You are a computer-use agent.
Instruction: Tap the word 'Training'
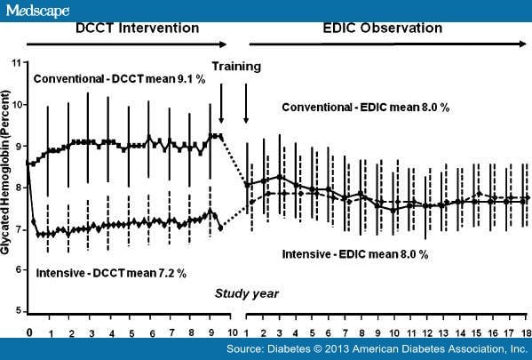tap(235, 66)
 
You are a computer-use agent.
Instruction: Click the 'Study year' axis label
tap(245, 292)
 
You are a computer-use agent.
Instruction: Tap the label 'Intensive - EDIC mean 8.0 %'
tap(355, 253)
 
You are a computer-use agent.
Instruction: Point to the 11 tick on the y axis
tap(14, 63)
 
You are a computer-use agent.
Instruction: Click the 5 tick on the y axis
tap(16, 310)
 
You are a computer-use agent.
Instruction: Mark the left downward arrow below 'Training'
tap(221, 102)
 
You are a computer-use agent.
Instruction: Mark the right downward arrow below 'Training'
tap(246, 102)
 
